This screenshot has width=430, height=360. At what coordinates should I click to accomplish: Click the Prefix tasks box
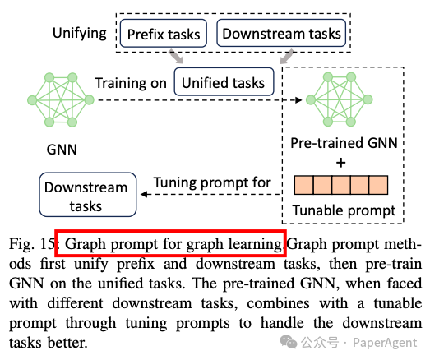coord(164,33)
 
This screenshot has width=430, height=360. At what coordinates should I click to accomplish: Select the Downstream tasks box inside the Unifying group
coord(281,33)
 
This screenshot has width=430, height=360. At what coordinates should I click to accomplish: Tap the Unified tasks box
coord(224,81)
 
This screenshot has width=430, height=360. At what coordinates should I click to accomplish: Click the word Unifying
coord(80,34)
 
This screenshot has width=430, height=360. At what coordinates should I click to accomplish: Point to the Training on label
coord(131,83)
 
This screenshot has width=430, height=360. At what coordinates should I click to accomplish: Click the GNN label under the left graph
coord(62,150)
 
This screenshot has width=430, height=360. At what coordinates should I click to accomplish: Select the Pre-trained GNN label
coord(344,143)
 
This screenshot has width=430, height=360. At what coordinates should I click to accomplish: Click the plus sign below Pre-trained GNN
coord(341,163)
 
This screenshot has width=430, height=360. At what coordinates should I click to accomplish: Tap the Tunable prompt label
coord(344,211)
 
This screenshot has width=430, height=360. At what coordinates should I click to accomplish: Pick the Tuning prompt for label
coord(212,182)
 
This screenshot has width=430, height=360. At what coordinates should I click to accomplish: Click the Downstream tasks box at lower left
coord(88,195)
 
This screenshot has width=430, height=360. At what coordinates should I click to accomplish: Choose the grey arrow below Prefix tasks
coord(176,57)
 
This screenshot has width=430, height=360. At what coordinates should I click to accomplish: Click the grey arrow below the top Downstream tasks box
coord(287,57)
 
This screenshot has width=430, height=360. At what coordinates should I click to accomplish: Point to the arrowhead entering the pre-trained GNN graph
coord(298,100)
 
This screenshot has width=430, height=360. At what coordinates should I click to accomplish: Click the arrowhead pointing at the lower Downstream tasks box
coord(144,195)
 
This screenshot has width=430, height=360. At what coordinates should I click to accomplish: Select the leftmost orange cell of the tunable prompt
coord(304,185)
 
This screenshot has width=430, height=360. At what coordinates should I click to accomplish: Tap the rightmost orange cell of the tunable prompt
coord(378,185)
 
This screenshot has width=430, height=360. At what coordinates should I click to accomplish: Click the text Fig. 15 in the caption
coord(32,243)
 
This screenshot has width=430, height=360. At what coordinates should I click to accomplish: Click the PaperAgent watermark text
coord(385,343)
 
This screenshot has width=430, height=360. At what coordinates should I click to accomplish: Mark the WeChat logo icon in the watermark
coord(289,342)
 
